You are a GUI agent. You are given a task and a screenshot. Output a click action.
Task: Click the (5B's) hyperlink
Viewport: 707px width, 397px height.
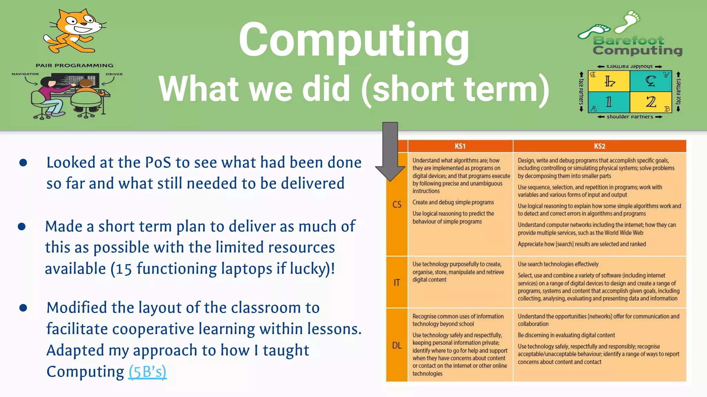(147, 372)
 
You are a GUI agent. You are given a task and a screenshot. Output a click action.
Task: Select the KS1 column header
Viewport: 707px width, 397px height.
(460, 146)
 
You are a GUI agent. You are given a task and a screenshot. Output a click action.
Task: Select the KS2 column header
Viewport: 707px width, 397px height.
(599, 146)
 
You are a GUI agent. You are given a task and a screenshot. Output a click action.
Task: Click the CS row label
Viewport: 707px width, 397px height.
(397, 205)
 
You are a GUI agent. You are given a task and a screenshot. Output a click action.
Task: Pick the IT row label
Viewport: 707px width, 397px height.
(397, 283)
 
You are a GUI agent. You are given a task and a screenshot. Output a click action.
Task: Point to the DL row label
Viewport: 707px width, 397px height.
(397, 345)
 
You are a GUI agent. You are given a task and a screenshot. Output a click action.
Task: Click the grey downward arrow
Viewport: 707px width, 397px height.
(390, 152)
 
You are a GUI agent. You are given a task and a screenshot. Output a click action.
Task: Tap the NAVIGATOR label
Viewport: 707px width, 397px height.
(25, 74)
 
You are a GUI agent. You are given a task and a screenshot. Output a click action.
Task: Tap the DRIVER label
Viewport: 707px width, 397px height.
(114, 74)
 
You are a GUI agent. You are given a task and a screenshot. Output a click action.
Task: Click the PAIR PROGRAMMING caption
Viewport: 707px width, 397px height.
(74, 65)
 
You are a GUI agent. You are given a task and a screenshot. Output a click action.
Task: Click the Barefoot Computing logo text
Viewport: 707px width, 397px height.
(637, 46)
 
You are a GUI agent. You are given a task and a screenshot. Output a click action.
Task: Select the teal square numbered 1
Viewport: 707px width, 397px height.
(609, 102)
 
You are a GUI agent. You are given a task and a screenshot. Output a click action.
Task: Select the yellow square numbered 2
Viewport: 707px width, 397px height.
(651, 102)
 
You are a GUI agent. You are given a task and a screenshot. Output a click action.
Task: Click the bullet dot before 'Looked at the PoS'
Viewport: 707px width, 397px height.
(23, 163)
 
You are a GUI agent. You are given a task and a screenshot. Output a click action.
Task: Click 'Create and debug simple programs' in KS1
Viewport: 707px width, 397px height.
(453, 202)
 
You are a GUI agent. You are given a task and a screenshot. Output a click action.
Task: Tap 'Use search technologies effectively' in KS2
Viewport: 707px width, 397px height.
(558, 264)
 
